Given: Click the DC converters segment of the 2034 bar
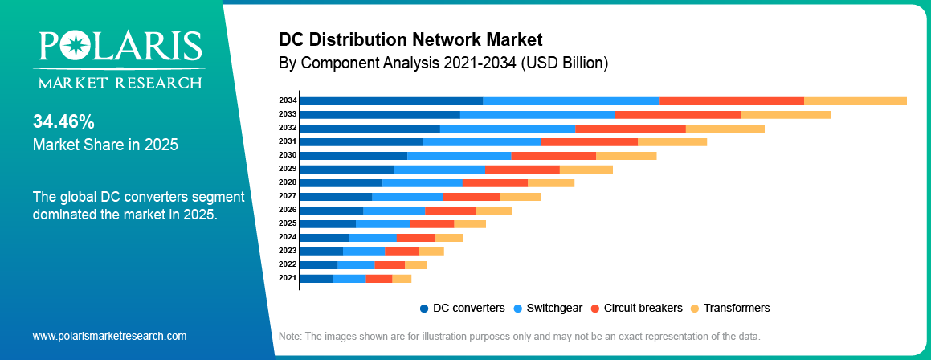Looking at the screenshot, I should tap(391, 100).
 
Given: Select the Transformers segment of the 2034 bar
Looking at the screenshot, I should tap(855, 100).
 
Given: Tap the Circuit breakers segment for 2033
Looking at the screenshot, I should tap(677, 114).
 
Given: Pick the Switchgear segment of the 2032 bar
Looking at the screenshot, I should tap(508, 128).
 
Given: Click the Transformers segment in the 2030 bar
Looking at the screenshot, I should tap(626, 155).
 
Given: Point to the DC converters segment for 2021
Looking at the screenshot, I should tap(316, 278).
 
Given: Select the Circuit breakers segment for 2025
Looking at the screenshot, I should tap(431, 223).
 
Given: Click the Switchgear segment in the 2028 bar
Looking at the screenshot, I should tap(423, 182).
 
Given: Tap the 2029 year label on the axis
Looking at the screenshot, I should tap(288, 169).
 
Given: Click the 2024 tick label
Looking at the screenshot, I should tap(288, 237).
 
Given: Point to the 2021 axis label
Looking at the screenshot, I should tap(288, 278).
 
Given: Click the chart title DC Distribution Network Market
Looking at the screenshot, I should tap(410, 39).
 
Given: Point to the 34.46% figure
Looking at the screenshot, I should tap(63, 122).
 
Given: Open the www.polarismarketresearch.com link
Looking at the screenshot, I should tap(109, 336).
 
